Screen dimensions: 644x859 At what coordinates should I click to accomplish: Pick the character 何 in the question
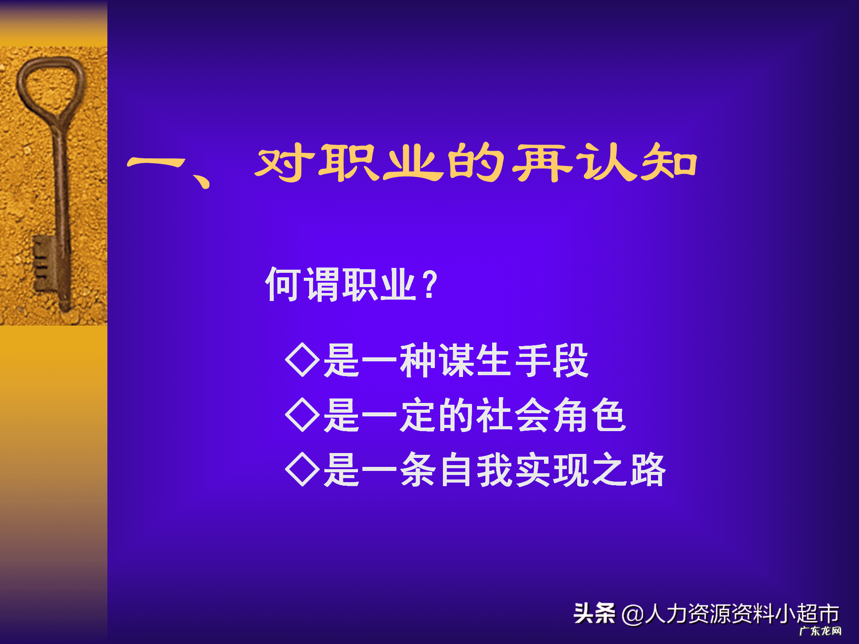pos(283,284)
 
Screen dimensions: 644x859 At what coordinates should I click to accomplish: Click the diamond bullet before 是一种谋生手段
pos(302,360)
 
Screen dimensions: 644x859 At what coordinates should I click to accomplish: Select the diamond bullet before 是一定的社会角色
pos(302,415)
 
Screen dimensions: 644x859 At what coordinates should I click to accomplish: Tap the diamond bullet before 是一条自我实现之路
pos(302,469)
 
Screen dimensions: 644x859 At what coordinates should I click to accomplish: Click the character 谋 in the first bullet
pos(456,360)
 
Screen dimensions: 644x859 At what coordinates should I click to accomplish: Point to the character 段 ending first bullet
pos(570,360)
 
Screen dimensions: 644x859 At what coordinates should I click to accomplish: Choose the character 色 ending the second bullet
pos(608,415)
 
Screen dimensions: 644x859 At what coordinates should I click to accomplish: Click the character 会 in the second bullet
pos(532,415)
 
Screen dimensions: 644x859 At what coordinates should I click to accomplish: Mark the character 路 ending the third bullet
pos(648,470)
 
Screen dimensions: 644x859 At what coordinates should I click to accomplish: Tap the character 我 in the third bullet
pos(494,470)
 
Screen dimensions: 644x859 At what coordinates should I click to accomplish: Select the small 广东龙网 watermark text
pos(820,631)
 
